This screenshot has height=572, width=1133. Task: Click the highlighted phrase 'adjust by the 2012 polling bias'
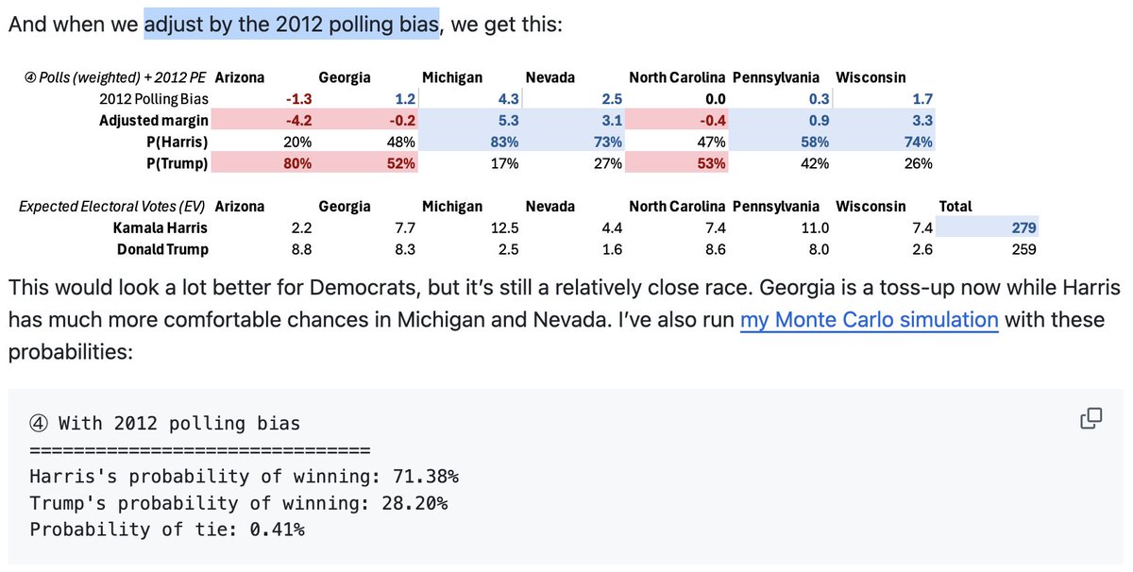coord(292,23)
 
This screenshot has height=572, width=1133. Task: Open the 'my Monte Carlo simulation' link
coord(869,320)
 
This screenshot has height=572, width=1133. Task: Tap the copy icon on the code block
coord(1091,418)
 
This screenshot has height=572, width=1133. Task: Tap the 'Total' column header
coord(955,206)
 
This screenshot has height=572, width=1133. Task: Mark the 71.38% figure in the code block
coord(425,476)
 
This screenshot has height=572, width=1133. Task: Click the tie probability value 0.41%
coord(274,529)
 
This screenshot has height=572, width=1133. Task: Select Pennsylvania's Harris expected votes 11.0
coord(813,227)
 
